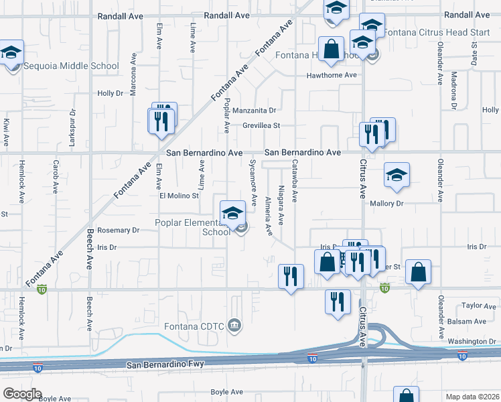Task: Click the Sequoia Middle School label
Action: (x=71, y=66)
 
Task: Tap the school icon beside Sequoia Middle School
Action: (x=11, y=54)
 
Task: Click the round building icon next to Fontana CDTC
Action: (x=234, y=326)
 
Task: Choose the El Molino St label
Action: (x=179, y=196)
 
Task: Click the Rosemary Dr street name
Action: (x=118, y=230)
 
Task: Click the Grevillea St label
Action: (x=261, y=125)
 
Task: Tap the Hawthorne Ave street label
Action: (x=332, y=75)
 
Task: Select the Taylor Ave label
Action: (x=479, y=306)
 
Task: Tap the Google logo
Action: (x=21, y=394)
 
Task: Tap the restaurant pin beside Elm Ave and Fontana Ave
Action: (x=161, y=122)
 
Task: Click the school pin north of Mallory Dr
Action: (x=397, y=176)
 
